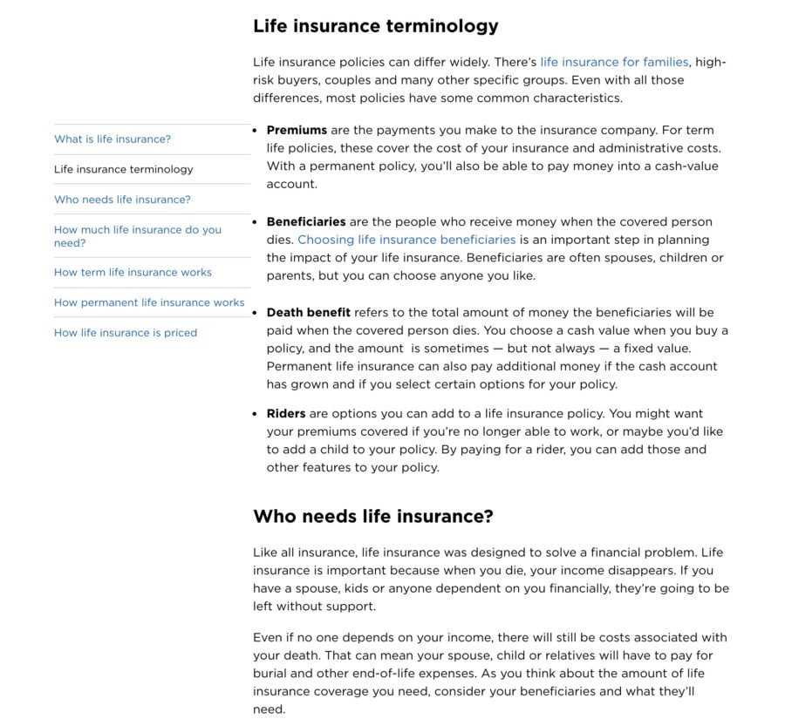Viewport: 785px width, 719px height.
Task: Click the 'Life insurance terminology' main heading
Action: (x=376, y=26)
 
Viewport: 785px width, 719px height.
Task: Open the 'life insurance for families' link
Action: (x=614, y=62)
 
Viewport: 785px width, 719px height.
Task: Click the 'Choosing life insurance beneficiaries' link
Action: (x=406, y=240)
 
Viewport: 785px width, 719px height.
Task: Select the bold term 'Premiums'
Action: (x=297, y=131)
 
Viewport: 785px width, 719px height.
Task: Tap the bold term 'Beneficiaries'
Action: (x=306, y=221)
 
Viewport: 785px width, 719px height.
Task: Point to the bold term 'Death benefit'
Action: (x=309, y=312)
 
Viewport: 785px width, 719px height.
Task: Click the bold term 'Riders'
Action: (x=286, y=414)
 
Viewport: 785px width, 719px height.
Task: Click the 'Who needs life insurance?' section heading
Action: (x=373, y=517)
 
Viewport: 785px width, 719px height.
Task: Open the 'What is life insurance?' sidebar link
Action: (x=113, y=139)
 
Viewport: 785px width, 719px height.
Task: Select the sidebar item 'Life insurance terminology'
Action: (x=124, y=169)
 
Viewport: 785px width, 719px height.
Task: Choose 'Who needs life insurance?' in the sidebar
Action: (x=122, y=200)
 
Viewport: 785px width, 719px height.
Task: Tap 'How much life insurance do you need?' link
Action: (x=138, y=236)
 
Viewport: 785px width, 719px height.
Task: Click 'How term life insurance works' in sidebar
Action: (x=133, y=273)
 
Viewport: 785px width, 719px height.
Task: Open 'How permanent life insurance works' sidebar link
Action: (x=149, y=302)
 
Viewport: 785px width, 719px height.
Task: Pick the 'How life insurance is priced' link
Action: (x=126, y=333)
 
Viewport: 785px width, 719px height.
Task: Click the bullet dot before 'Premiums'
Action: (x=255, y=131)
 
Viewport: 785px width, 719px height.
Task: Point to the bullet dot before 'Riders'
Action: (x=255, y=414)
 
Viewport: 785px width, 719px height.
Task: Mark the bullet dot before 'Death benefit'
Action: (x=255, y=312)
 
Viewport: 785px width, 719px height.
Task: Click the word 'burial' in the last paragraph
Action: (x=270, y=674)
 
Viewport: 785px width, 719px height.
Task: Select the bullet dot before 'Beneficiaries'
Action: (x=255, y=221)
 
